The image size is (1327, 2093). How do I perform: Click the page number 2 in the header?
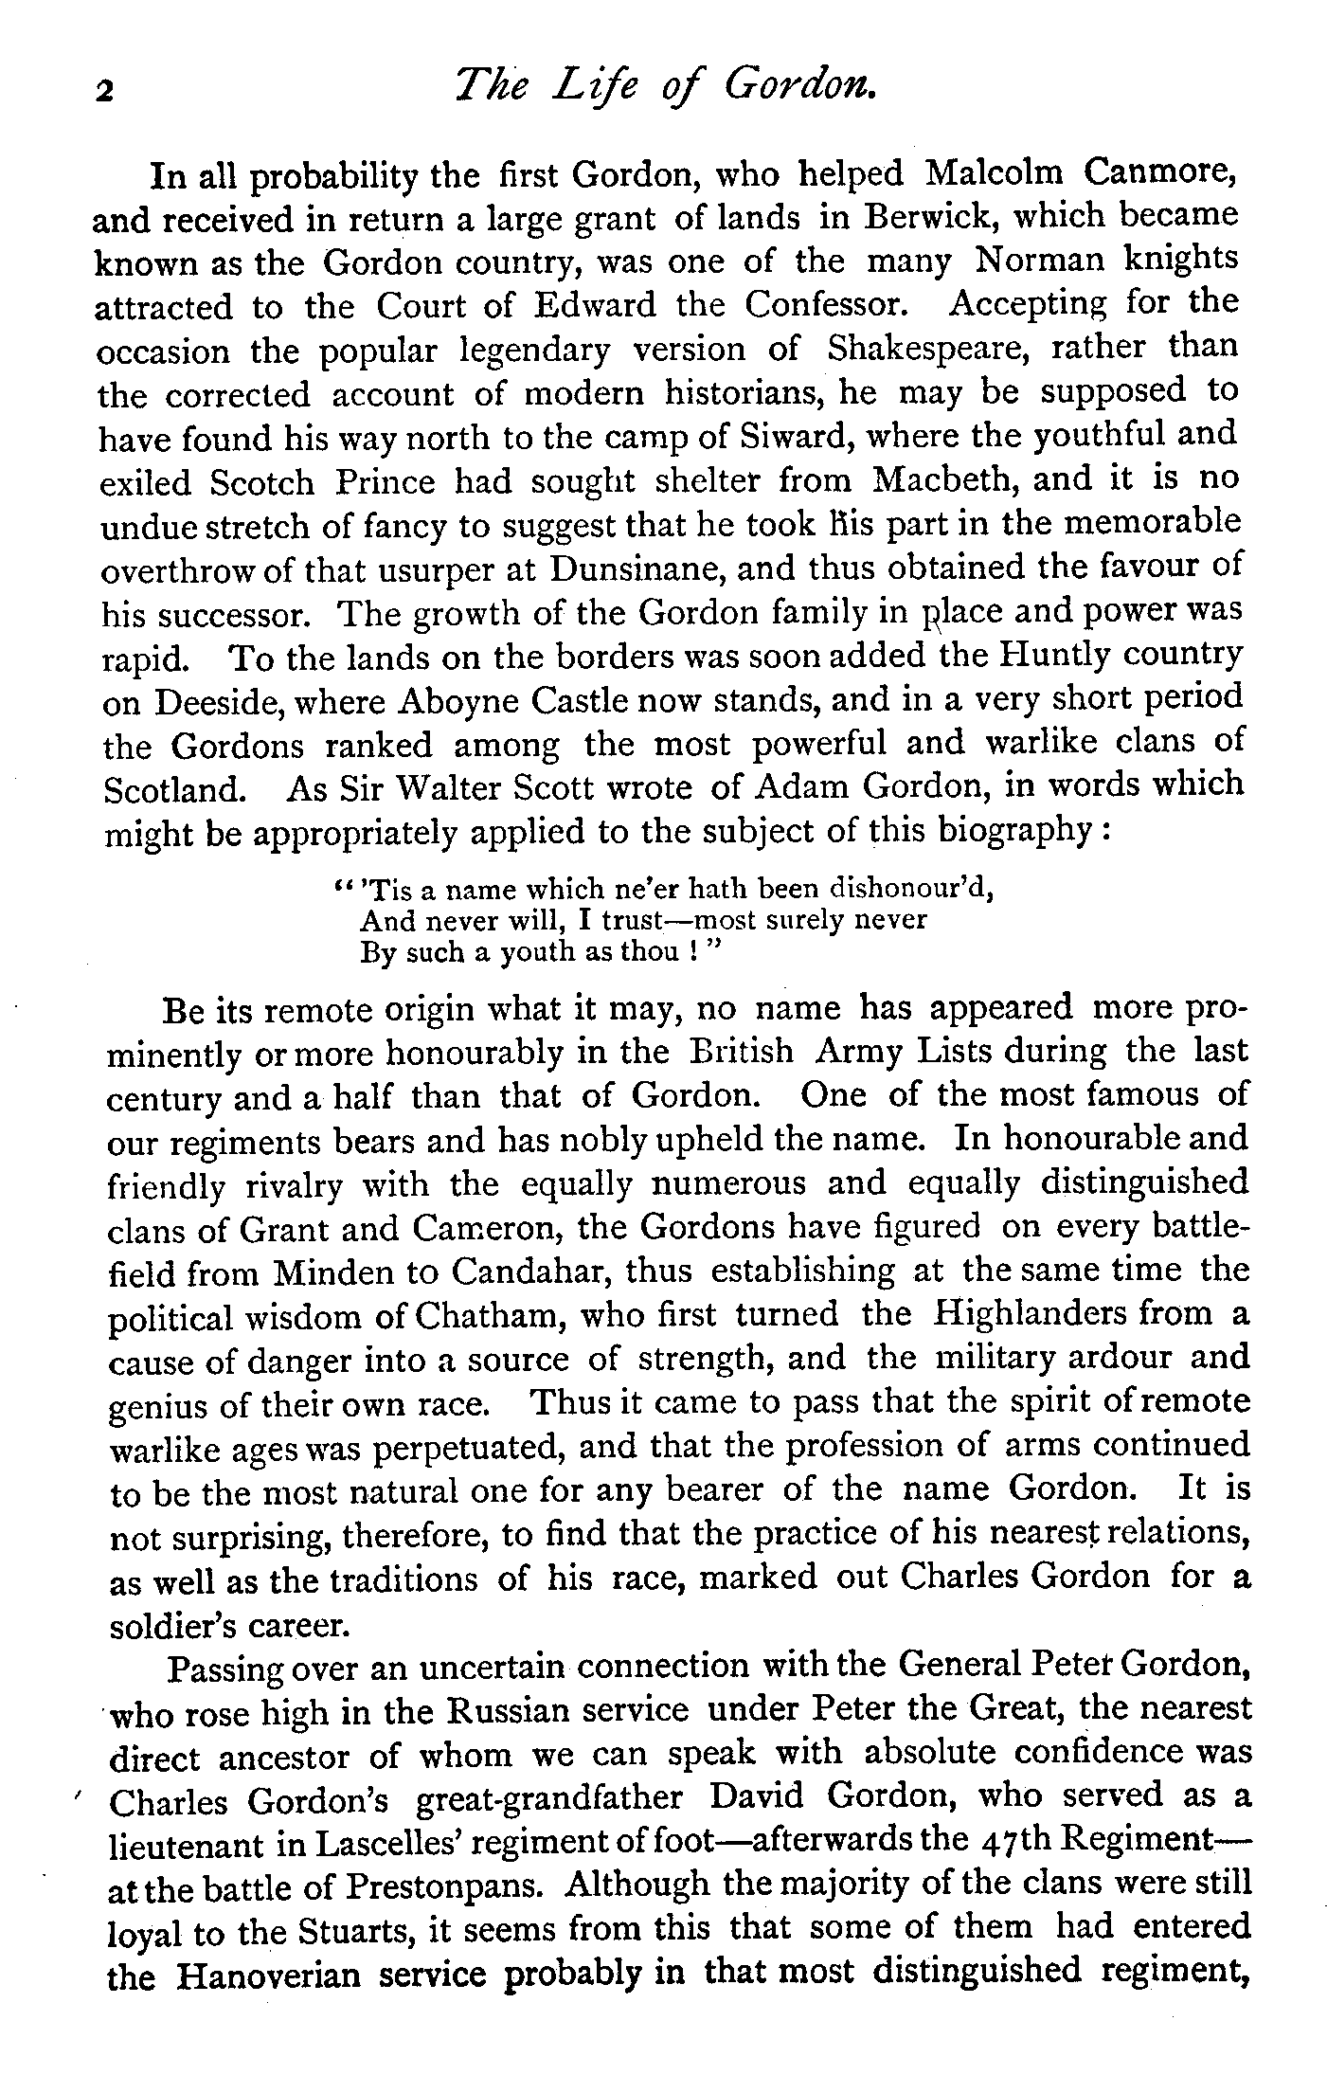104,92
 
